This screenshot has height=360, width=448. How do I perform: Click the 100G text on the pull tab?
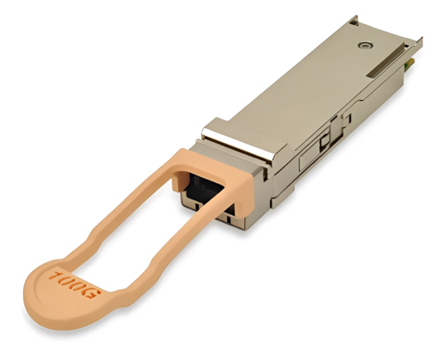[74, 284]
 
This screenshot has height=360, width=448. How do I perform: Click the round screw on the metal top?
[366, 44]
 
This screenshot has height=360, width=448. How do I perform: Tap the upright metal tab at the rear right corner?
[418, 42]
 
